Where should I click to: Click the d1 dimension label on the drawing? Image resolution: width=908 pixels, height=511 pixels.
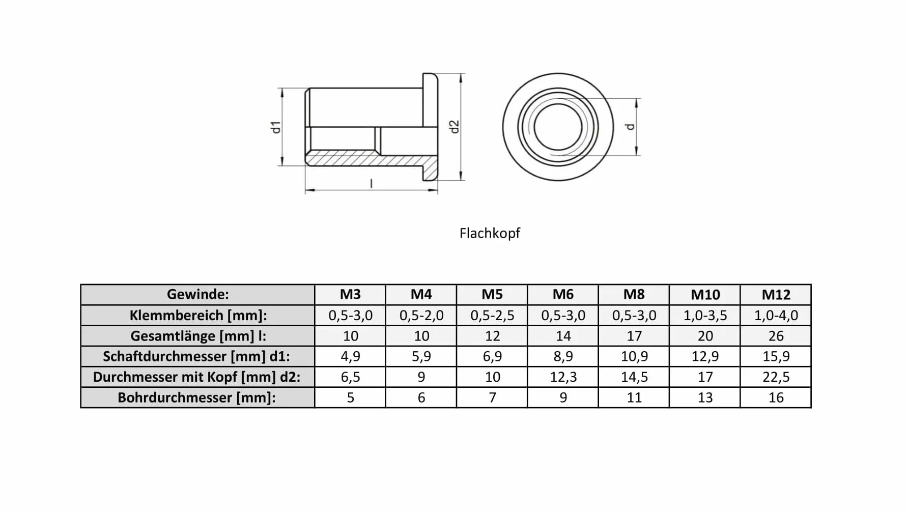click(x=276, y=127)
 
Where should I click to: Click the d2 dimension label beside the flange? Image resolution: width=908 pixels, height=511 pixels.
click(x=455, y=127)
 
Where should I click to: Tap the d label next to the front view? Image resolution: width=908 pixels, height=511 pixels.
click(x=631, y=127)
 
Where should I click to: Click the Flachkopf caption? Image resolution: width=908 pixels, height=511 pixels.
click(x=490, y=233)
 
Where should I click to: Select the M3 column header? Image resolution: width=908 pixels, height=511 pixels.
click(x=350, y=294)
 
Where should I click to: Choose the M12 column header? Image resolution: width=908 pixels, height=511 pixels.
click(x=776, y=294)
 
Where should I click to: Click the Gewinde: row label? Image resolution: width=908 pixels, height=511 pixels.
click(x=198, y=294)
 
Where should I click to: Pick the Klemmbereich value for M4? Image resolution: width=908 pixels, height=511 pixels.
click(x=421, y=316)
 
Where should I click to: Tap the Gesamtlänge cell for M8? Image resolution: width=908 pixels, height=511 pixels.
click(x=634, y=336)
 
